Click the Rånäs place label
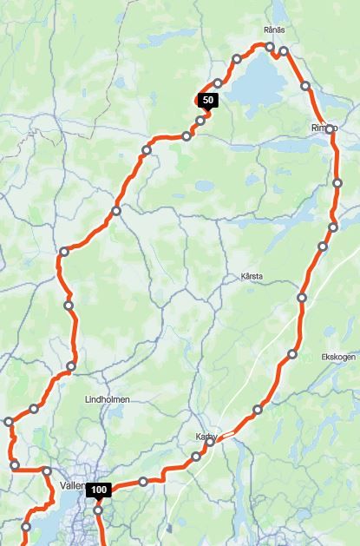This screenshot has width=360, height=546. [x=274, y=30]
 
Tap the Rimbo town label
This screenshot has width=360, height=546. [x=323, y=128]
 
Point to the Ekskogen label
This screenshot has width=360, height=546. [x=338, y=356]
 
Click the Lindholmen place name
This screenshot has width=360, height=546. [x=108, y=398]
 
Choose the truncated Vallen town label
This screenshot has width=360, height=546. [x=73, y=486]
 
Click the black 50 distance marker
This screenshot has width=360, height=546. [x=206, y=100]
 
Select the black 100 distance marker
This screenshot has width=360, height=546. [x=99, y=490]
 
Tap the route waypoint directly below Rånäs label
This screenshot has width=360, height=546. [x=270, y=47]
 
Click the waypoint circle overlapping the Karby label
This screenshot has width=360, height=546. [x=210, y=442]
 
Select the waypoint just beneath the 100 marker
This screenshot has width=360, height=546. [x=98, y=510]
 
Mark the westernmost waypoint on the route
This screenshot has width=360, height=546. [x=9, y=422]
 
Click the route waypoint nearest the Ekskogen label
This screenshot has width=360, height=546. [x=292, y=354]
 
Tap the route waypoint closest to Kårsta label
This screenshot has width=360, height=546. [x=302, y=298]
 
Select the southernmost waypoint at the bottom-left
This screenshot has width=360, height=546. [x=26, y=527]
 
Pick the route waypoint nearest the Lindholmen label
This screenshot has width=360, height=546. [x=71, y=366]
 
